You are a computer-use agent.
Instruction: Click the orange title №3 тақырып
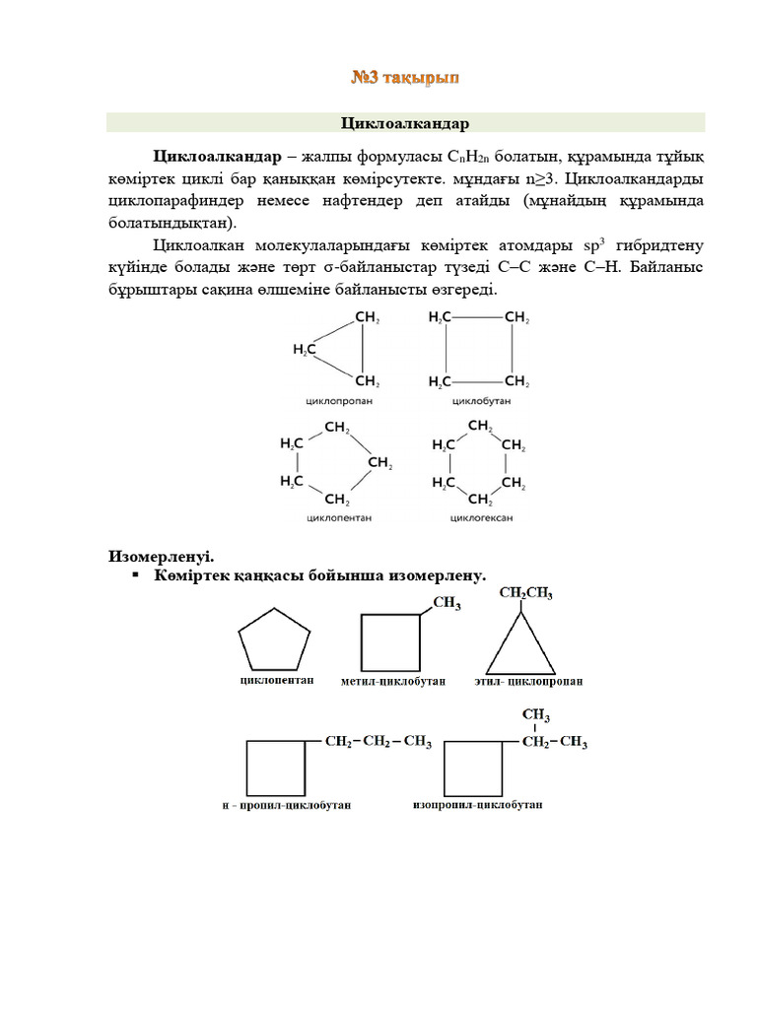[x=405, y=76]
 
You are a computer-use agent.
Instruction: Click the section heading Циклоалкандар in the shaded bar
[x=405, y=123]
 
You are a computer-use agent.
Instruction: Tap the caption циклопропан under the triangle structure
[x=337, y=402]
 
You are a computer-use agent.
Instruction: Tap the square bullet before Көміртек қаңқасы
[x=135, y=574]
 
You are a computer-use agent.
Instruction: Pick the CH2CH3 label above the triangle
[x=526, y=593]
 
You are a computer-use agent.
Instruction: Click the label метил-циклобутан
[x=392, y=681]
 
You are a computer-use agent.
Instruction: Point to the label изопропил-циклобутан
[x=476, y=804]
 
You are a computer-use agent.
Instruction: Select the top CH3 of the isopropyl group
[x=535, y=715]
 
